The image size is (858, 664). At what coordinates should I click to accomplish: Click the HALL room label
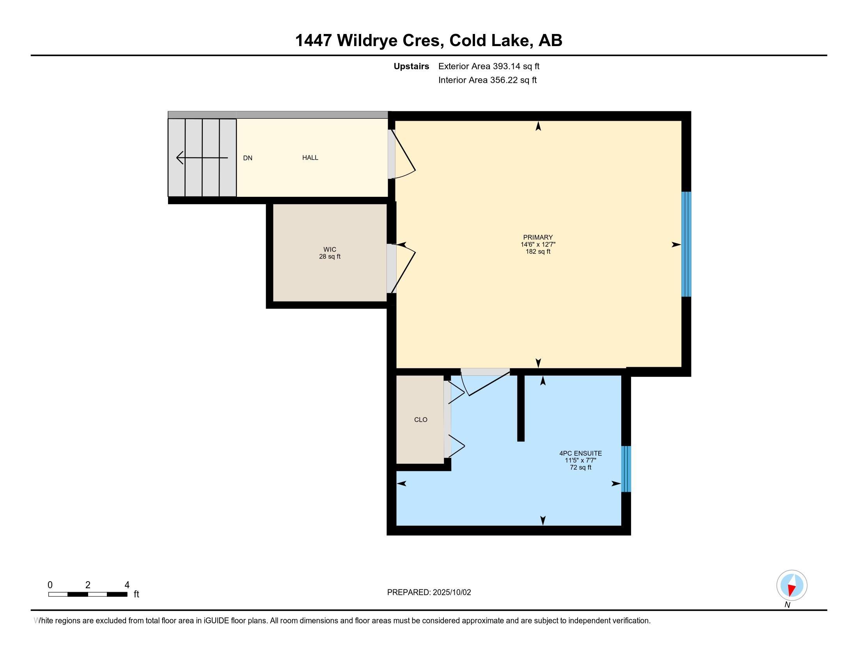[310, 158]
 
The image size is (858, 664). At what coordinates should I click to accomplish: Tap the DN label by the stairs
[248, 158]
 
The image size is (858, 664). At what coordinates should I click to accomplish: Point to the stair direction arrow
[202, 158]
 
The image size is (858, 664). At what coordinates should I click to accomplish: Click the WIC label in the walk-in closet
[330, 250]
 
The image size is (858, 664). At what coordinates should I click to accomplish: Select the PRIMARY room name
[538, 237]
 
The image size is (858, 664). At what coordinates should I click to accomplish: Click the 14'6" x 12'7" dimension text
[538, 244]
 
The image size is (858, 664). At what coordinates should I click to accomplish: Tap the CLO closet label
[421, 420]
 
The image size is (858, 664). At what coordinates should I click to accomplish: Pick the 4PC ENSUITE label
[581, 453]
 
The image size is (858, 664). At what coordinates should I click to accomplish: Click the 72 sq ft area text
[581, 467]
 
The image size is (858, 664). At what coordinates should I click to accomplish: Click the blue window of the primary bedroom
[686, 244]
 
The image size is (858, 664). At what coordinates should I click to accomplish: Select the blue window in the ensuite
[626, 469]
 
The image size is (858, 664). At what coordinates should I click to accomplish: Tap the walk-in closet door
[401, 269]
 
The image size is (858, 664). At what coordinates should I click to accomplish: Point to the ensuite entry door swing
[486, 382]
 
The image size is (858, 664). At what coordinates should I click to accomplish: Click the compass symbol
[792, 585]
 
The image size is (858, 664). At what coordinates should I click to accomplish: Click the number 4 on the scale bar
[127, 585]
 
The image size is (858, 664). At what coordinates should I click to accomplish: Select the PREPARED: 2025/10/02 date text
[429, 593]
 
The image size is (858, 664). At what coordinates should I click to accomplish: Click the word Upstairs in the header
[411, 66]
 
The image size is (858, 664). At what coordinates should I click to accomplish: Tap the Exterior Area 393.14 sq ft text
[489, 66]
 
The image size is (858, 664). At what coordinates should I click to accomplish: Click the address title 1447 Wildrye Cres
[370, 41]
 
